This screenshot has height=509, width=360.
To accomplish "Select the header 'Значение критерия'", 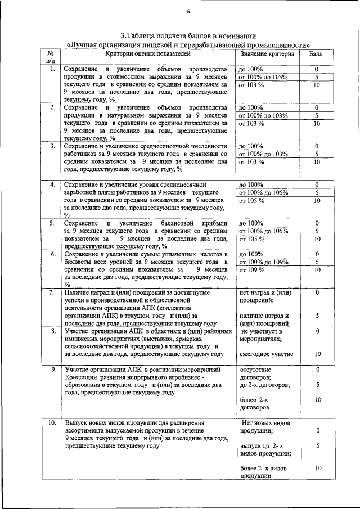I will [x=267, y=54].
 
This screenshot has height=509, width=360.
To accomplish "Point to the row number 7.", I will [x=51, y=292].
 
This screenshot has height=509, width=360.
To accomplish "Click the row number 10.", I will [x=51, y=422].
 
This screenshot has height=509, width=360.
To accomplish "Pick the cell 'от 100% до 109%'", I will [x=263, y=262].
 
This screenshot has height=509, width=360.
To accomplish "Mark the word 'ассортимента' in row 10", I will [x=87, y=430].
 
